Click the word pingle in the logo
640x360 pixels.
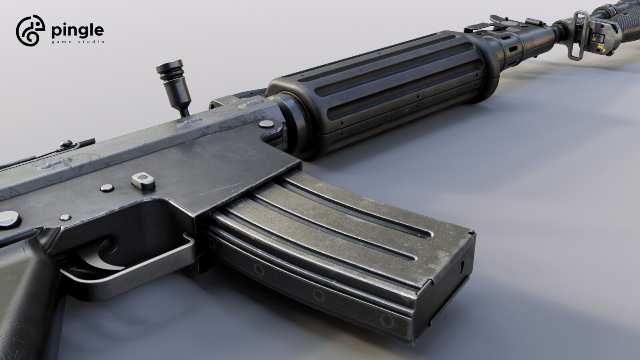click(x=78, y=30)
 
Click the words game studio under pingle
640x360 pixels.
click(x=78, y=42)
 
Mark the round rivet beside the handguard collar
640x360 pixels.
click(x=264, y=125)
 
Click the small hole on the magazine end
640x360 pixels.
click(x=463, y=266)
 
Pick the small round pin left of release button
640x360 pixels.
click(x=107, y=187)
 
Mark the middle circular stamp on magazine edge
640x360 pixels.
click(x=319, y=295)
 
